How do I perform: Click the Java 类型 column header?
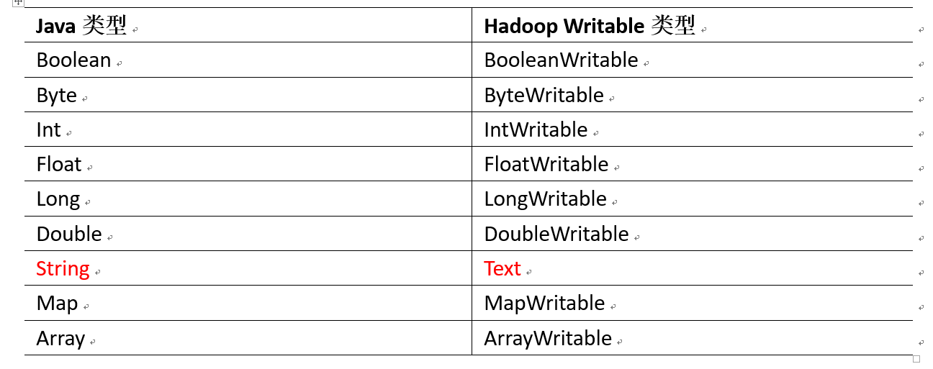coord(81,27)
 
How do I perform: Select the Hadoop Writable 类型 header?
coord(589,27)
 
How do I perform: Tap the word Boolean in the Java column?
coord(73,60)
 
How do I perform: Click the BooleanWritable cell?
coord(561,60)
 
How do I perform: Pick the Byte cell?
coord(56,96)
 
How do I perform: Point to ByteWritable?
coord(544,96)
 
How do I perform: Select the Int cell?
coord(49,130)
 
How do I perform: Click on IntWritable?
coord(536,130)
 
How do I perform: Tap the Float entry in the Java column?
coord(59,165)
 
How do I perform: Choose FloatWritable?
coord(546,165)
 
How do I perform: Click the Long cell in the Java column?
coord(58,199)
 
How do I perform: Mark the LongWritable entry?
coord(545,199)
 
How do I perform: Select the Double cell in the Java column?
coord(69,234)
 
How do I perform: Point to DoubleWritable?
coord(556,234)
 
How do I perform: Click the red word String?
coord(63,269)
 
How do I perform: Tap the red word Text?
coord(502,269)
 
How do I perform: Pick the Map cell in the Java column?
coord(57,304)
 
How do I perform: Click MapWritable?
coord(544,304)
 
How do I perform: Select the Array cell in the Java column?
coord(60,339)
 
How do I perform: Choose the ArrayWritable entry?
coord(548,339)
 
